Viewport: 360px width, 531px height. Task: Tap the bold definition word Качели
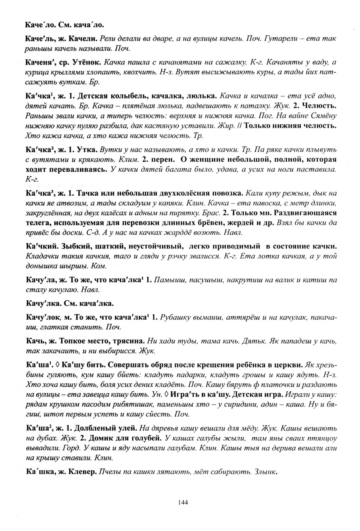(x=87, y=38)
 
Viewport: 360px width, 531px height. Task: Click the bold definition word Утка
(x=87, y=149)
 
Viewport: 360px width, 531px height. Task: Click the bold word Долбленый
(x=93, y=428)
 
